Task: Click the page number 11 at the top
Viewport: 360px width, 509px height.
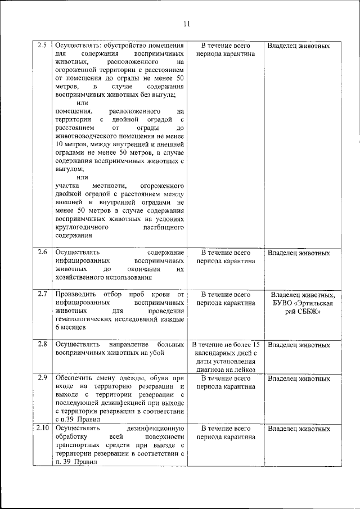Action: [187, 23]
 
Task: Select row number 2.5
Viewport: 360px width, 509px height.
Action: [41, 45]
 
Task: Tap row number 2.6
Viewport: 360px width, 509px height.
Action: [41, 252]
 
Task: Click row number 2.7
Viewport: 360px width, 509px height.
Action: [41, 294]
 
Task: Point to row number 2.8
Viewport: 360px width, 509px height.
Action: [41, 343]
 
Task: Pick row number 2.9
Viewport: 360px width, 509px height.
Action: [41, 377]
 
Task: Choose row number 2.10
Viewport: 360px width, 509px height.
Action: [42, 428]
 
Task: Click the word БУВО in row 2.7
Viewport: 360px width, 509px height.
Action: [282, 304]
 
